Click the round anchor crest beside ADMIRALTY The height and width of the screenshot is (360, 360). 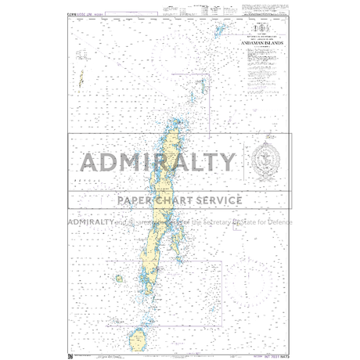click(x=266, y=160)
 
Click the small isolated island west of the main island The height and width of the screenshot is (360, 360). click(x=118, y=278)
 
